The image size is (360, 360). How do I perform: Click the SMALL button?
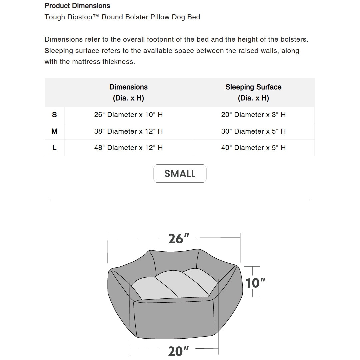(180, 173)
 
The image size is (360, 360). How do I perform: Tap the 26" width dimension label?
(178, 238)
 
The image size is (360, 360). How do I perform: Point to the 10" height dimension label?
(255, 283)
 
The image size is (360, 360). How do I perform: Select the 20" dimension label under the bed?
(178, 351)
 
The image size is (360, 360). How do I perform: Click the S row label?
(54, 115)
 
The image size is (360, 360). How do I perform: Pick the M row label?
(54, 131)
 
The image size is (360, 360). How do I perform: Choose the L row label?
(54, 148)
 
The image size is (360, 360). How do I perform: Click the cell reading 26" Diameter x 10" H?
(128, 115)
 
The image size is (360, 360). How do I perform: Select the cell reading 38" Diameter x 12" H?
(128, 131)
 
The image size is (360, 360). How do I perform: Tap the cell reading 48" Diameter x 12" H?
(128, 148)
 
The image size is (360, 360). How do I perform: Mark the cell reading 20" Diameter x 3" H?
(253, 115)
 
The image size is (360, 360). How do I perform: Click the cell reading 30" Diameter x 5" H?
(253, 131)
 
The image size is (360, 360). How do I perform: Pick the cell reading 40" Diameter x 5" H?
(253, 148)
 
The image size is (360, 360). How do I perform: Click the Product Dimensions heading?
(77, 6)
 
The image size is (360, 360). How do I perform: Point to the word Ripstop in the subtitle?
(82, 17)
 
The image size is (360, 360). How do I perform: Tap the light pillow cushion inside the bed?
(173, 285)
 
